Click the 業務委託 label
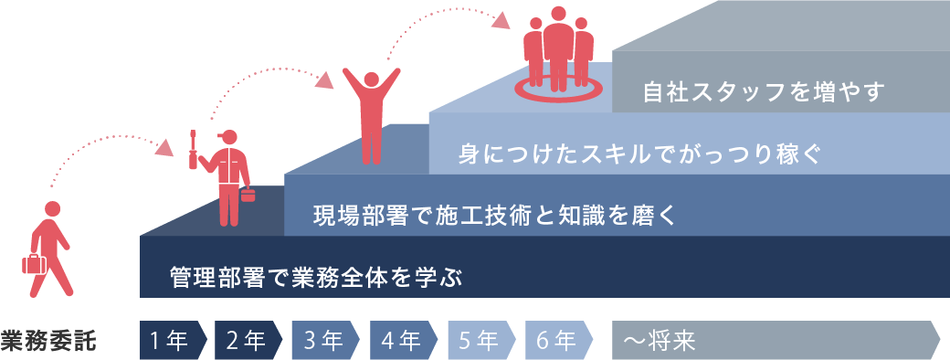(x=50, y=340)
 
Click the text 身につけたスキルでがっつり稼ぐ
(x=633, y=153)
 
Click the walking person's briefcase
(x=34, y=265)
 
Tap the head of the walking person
(x=53, y=208)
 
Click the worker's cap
(x=227, y=136)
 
